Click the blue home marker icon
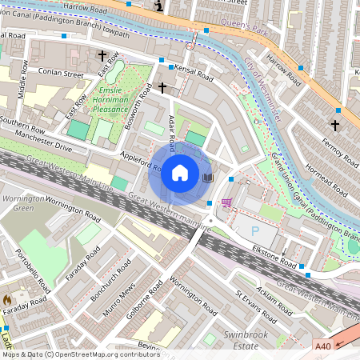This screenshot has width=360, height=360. (180, 173)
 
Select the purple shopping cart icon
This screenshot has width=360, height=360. (227, 202)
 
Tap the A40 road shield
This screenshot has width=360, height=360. (322, 346)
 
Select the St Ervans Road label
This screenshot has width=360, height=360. (253, 308)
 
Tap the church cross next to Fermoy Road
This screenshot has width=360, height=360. (335, 125)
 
